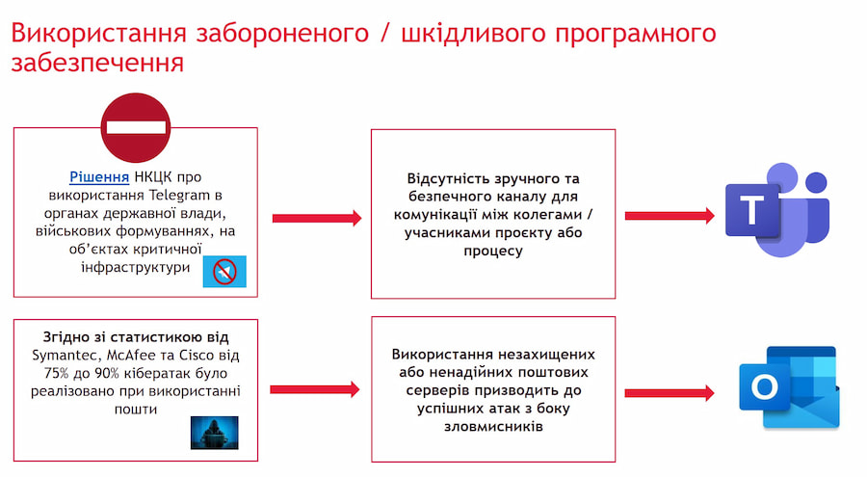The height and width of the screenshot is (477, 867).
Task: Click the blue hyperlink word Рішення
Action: (x=99, y=177)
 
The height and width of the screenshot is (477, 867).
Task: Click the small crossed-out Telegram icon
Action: (x=224, y=272)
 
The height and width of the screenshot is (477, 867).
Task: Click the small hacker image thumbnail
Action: (x=214, y=433)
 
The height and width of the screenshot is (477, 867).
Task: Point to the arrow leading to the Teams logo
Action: (x=669, y=217)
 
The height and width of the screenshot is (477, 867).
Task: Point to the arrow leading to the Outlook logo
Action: (x=669, y=393)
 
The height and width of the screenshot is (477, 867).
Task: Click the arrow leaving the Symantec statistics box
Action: (x=315, y=389)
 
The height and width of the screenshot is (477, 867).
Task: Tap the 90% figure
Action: (x=121, y=372)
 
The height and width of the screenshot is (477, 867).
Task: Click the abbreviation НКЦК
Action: (x=157, y=177)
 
